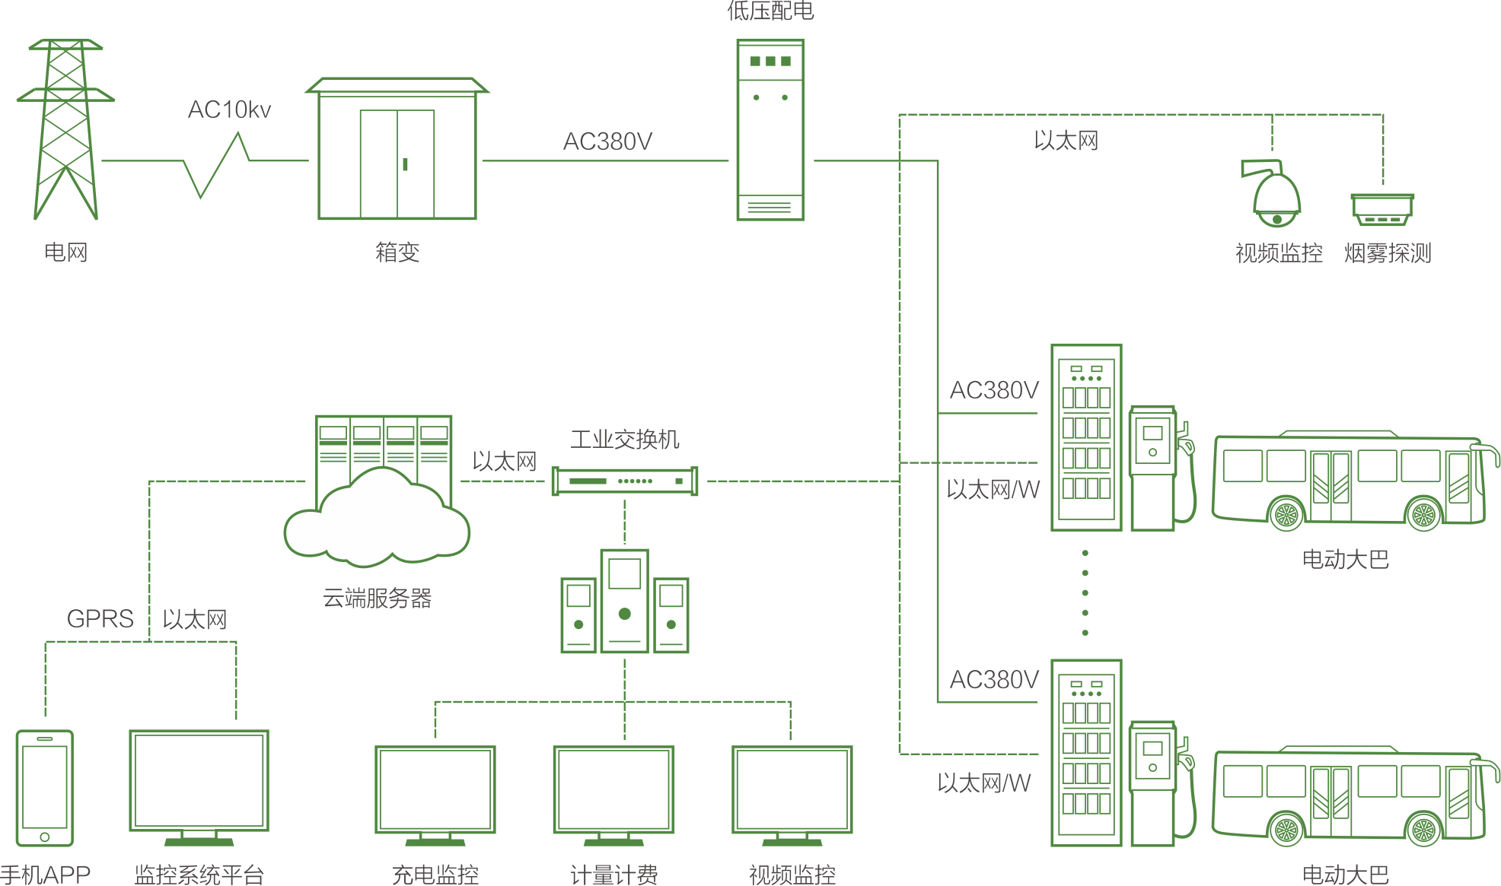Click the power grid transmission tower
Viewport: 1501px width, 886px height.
point(65,129)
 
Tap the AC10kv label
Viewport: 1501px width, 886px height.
point(229,110)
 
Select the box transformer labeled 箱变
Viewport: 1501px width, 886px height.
point(397,152)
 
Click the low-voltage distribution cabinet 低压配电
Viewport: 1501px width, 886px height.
point(770,129)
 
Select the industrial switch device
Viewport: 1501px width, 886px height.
point(624,481)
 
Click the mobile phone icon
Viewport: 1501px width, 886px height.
point(45,787)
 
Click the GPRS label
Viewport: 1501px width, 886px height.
point(100,619)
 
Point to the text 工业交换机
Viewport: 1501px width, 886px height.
point(624,440)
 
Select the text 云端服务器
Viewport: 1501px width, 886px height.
point(377,599)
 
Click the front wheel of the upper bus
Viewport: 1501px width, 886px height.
point(1423,515)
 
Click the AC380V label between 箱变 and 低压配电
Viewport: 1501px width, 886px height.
point(607,141)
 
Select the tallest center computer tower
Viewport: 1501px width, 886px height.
point(624,601)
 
